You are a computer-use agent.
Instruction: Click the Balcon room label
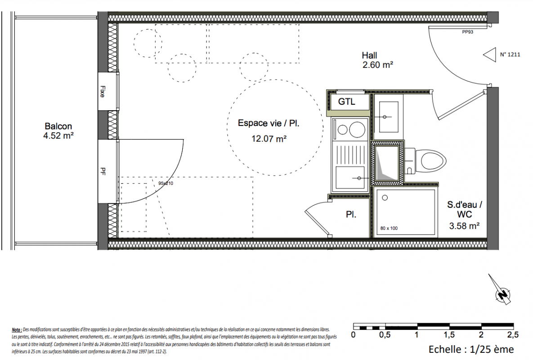[x=58, y=126]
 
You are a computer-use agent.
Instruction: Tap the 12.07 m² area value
[x=269, y=139]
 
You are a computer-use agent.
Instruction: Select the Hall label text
[x=369, y=55]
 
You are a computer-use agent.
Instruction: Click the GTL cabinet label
[x=347, y=101]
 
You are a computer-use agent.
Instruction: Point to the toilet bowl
[x=432, y=161]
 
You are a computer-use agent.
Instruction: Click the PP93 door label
[x=468, y=32]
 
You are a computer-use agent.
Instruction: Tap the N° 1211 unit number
[x=510, y=54]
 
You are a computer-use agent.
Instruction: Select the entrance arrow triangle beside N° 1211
[x=489, y=54]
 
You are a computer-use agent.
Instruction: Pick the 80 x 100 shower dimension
[x=389, y=228]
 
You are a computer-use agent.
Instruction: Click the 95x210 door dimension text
[x=166, y=183]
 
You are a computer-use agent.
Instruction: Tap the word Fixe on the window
[x=102, y=91]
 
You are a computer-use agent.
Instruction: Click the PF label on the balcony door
[x=103, y=171]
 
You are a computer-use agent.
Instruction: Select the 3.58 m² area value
[x=464, y=226]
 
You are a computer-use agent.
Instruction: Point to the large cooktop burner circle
[x=357, y=130]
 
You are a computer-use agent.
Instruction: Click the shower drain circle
[x=385, y=198]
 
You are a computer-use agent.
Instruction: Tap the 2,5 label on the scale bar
[x=512, y=335]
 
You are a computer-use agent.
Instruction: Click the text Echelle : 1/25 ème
[x=471, y=350]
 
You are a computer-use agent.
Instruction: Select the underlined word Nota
[x=17, y=330]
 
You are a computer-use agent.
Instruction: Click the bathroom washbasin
[x=388, y=117]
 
